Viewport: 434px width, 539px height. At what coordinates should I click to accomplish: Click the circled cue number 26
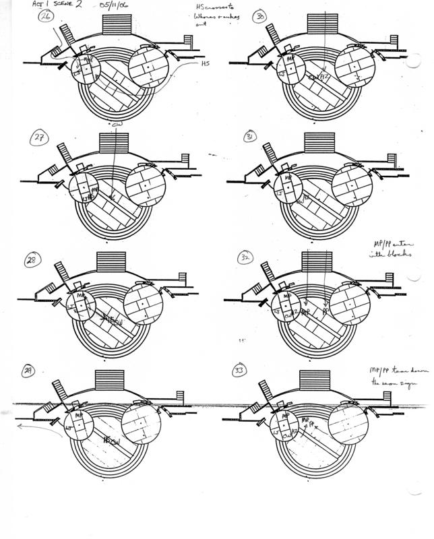pos(46,17)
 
